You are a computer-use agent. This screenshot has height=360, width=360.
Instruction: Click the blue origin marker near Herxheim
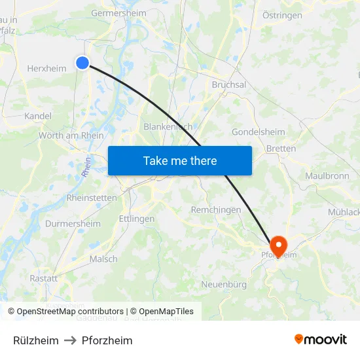point(82,62)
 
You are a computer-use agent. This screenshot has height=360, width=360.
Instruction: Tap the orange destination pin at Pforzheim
point(278,246)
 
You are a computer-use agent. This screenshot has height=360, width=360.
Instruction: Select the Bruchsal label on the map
point(229,84)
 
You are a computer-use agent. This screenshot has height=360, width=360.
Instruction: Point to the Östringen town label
point(282,15)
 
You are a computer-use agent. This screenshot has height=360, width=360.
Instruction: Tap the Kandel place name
point(37,116)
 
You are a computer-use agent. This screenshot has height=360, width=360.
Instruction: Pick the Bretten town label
point(281,149)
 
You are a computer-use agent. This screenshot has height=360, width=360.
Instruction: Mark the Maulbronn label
point(327,176)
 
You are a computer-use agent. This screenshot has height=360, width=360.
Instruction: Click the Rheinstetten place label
point(92,198)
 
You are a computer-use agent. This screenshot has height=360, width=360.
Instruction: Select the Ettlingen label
point(137,219)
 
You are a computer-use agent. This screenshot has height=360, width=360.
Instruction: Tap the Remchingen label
point(215,210)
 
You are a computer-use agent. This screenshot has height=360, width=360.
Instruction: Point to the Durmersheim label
point(73,224)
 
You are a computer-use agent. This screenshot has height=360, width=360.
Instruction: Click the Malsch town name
point(103,259)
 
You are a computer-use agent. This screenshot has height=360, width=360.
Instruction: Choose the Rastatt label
point(43,278)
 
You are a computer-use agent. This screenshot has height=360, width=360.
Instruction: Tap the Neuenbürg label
point(224,284)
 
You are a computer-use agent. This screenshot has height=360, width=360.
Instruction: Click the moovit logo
point(321,339)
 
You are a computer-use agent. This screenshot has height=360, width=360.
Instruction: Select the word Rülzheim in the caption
point(36,340)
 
